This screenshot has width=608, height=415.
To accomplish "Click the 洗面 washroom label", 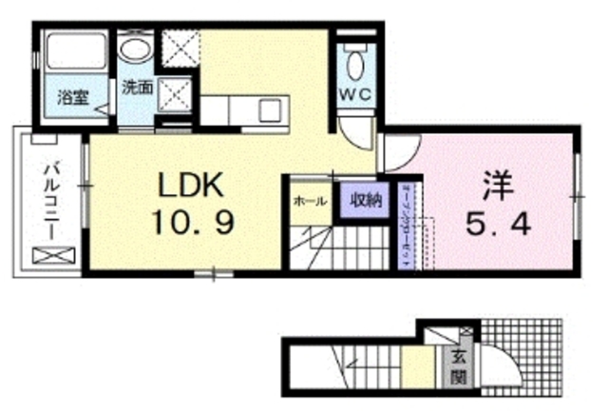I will point(137,87).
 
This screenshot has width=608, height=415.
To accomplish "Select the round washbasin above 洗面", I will point(135,49).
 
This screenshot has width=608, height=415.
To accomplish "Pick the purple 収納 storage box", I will point(365,200).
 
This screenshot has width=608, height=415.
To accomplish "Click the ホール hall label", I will point(310,201).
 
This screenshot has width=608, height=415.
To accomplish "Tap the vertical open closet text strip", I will point(406,227).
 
